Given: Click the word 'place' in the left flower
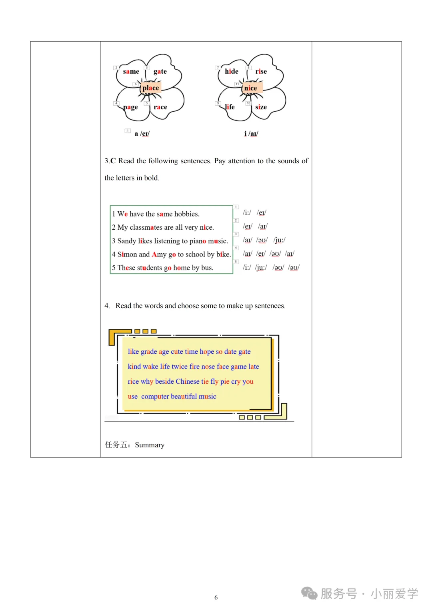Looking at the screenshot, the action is (x=150, y=88).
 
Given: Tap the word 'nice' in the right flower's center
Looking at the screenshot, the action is (x=250, y=88).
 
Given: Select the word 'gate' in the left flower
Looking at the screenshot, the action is (x=160, y=71).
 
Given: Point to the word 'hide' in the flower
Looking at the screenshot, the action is (x=232, y=71).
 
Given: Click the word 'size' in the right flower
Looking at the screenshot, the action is (x=261, y=107).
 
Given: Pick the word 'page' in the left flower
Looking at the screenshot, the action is (x=130, y=107).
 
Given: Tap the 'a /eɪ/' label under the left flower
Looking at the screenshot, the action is (x=142, y=134).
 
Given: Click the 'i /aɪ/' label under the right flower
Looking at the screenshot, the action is (x=251, y=134).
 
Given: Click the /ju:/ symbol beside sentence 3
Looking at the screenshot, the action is (x=279, y=240).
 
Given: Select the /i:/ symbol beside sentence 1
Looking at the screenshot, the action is (x=247, y=213).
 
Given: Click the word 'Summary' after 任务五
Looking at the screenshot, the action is (x=150, y=445).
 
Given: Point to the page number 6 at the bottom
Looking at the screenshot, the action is (x=216, y=597).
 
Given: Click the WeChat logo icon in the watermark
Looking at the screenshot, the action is (x=309, y=593).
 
